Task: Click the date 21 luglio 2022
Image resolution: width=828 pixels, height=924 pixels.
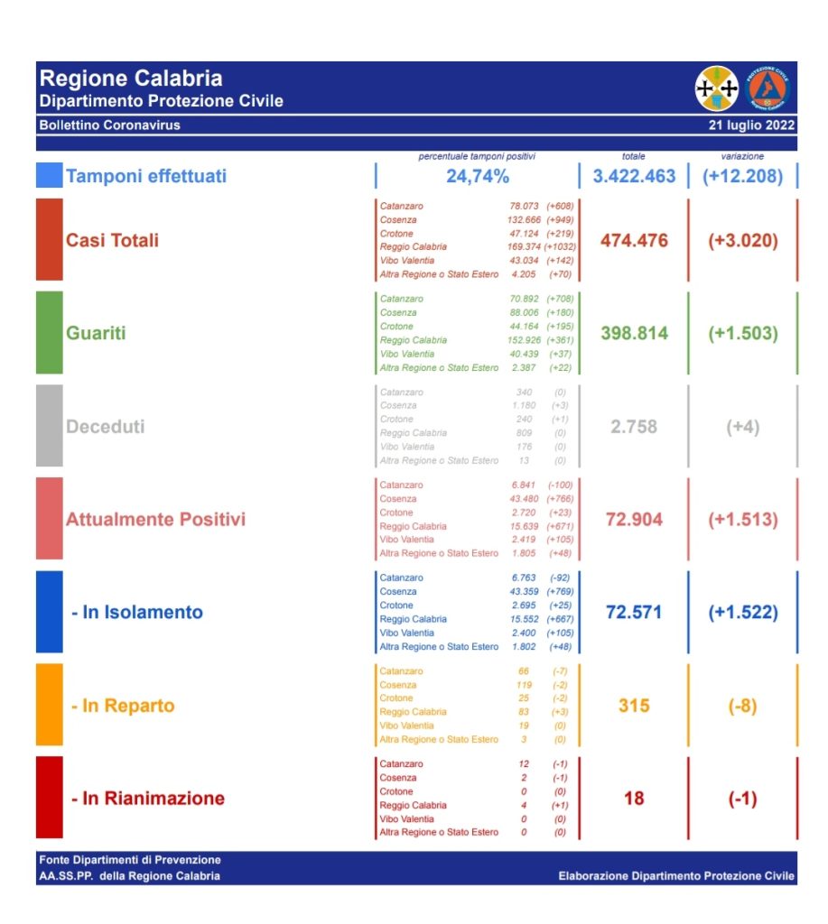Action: (x=751, y=125)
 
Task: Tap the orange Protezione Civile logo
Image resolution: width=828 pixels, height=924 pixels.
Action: (x=767, y=88)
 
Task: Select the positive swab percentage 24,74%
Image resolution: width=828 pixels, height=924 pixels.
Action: (x=477, y=176)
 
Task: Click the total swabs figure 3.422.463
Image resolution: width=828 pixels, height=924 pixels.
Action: (x=634, y=176)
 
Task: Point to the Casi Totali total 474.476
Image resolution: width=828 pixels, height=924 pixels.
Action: (x=634, y=240)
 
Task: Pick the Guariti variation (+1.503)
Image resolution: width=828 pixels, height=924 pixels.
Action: (x=743, y=334)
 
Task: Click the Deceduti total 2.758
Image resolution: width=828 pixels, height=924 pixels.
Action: (x=634, y=427)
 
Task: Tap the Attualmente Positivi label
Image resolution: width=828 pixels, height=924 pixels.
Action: (x=155, y=519)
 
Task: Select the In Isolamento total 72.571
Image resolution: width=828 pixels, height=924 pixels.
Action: (x=634, y=613)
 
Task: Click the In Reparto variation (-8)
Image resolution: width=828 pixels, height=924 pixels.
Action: (x=743, y=706)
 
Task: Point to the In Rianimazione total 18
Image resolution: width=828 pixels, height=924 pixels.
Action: (x=634, y=799)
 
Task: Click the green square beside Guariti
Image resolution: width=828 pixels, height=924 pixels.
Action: (x=50, y=333)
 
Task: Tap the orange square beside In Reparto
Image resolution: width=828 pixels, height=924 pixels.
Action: (x=50, y=705)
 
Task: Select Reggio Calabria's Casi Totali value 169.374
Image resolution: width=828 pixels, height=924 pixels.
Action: (x=524, y=247)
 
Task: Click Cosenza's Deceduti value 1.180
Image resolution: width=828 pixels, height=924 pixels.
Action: (x=524, y=405)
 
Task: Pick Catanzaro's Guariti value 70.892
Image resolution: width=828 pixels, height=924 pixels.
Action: (x=524, y=299)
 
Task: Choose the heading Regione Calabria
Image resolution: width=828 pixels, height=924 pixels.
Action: (x=131, y=79)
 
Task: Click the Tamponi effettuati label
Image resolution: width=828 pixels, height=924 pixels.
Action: (x=146, y=176)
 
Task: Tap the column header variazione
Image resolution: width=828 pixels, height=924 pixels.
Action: (x=742, y=156)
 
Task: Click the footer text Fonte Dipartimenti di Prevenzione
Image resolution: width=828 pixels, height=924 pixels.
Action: (x=130, y=860)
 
